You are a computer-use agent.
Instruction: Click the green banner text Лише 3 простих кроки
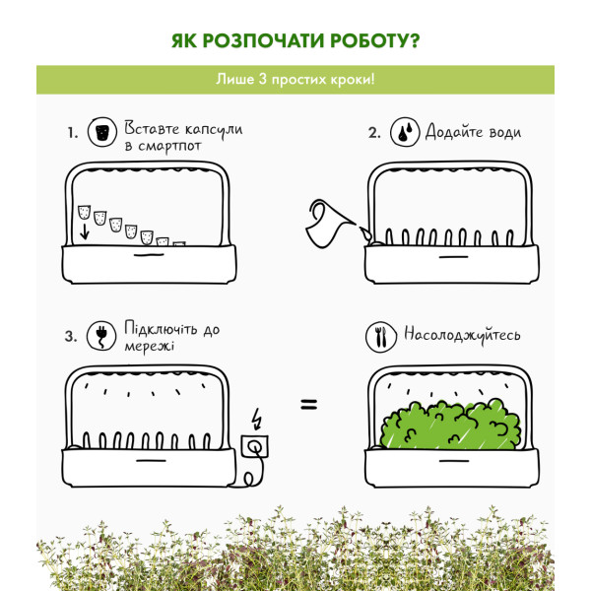coord(295,80)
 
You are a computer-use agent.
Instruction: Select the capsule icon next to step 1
coord(102,132)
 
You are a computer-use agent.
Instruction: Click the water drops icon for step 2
coord(405,132)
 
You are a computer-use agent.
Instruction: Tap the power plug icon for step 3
coord(101,336)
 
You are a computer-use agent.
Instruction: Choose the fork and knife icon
coord(381,337)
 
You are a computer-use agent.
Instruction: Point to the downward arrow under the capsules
coord(85,231)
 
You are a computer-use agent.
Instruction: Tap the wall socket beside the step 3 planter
coord(255,446)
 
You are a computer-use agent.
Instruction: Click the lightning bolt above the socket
coord(257,419)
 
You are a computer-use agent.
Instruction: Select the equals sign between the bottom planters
coord(309,405)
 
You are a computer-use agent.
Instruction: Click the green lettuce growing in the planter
coord(450,425)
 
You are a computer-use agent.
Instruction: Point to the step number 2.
coord(374,133)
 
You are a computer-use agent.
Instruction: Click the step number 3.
coord(71,336)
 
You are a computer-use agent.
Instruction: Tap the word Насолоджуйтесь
coord(462,335)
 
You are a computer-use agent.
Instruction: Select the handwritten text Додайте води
coord(473,132)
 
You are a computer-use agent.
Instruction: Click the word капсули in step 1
coord(214,130)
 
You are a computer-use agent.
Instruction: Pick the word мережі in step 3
coord(150,346)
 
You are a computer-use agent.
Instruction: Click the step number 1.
coord(73,133)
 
